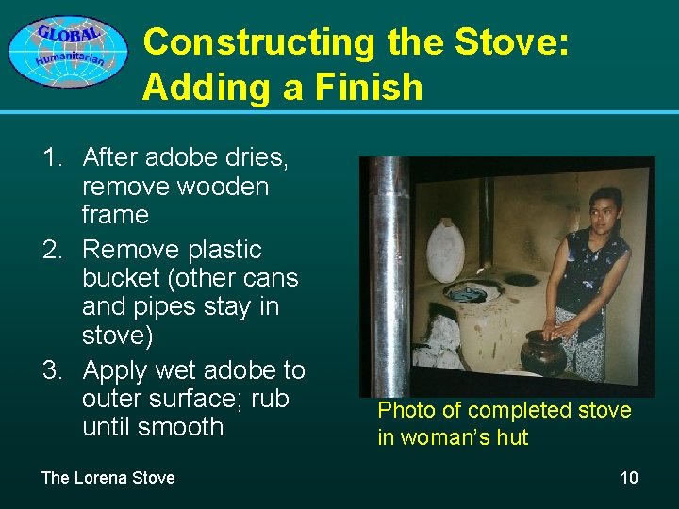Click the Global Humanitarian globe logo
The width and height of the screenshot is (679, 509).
(67, 51)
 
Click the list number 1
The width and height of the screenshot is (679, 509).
(54, 157)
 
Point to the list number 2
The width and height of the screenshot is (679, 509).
(54, 250)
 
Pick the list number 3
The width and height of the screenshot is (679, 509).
(54, 370)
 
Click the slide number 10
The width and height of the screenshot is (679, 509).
(629, 478)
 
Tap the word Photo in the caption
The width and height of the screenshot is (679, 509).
(406, 410)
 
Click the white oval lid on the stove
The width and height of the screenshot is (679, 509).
(445, 249)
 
